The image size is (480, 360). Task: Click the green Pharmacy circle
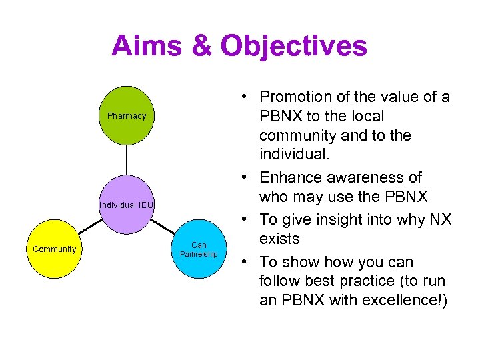(x=127, y=116)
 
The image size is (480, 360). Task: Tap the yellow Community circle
(x=55, y=249)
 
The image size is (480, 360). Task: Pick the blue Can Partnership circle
(x=199, y=249)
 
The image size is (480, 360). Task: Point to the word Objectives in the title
(x=294, y=46)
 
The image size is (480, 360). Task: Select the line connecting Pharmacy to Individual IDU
(x=127, y=160)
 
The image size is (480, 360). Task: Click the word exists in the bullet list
(x=279, y=239)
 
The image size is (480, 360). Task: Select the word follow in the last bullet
(x=280, y=281)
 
